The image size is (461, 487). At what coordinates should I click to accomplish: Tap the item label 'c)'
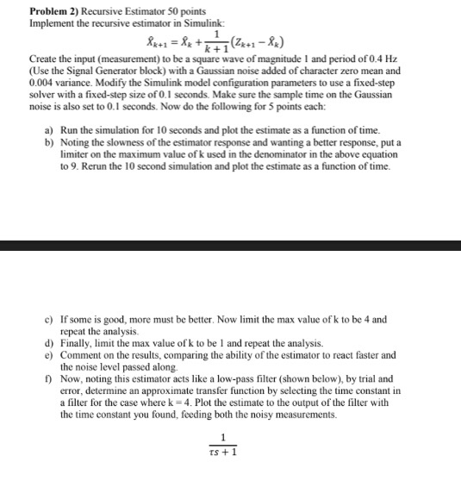coord(49,320)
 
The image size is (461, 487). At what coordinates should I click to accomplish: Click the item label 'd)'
coord(49,342)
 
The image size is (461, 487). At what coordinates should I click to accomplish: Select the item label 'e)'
coord(49,354)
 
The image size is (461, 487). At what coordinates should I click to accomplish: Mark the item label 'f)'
coord(49,378)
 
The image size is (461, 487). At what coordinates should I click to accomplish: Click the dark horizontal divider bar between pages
coord(230,246)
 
